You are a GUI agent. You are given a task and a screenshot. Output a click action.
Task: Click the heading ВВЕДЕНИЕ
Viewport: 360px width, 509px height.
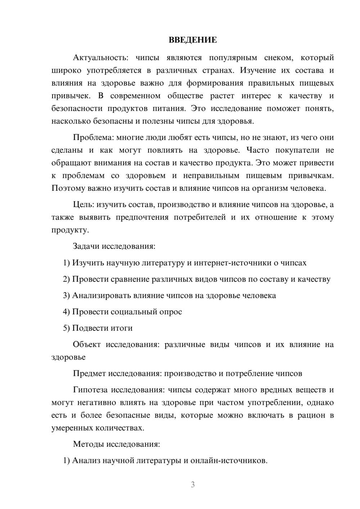(193, 40)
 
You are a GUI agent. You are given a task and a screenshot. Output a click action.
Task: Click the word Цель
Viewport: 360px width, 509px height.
(83, 205)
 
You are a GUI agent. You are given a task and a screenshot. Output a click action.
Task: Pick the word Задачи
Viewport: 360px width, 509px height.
(86, 247)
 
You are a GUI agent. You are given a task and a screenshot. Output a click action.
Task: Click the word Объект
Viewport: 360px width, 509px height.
(87, 344)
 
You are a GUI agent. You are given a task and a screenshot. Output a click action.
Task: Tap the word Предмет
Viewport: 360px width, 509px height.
(89, 374)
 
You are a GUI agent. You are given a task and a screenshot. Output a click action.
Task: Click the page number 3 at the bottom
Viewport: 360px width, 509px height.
(193, 485)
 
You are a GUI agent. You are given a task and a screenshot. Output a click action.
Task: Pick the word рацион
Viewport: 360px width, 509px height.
(310, 415)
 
